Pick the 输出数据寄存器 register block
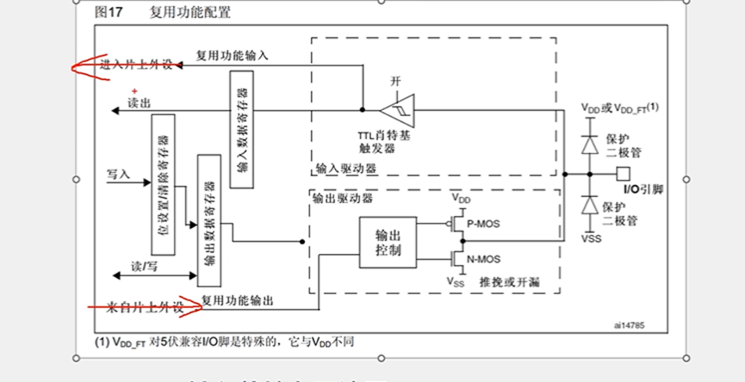click(208, 220)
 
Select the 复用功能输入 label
click(232, 55)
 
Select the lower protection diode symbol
click(590, 206)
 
